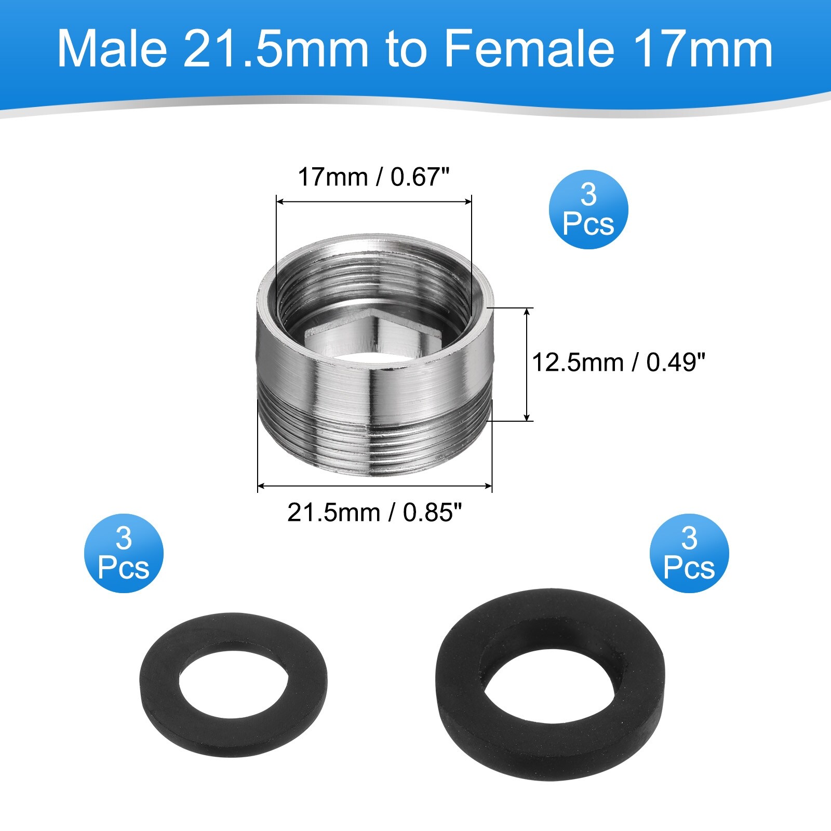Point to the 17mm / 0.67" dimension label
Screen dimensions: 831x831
coord(373,177)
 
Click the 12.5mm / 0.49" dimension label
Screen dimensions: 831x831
coord(619,362)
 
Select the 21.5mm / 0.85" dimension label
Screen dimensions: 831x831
coord(374,513)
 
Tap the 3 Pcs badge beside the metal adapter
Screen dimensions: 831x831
coord(588,210)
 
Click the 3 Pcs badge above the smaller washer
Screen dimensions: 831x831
coord(124,553)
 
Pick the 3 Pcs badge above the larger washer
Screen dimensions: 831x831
coord(689,553)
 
